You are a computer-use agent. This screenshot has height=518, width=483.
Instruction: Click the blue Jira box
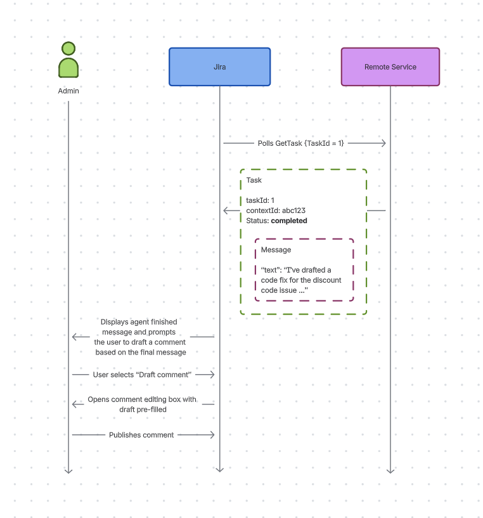point(219,67)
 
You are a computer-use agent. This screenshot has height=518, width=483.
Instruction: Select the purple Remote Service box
point(390,67)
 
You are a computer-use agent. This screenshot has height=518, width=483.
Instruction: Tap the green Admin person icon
point(68,60)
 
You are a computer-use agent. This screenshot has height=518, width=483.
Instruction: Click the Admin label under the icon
point(68,91)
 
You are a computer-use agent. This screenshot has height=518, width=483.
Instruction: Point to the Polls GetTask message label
point(300,143)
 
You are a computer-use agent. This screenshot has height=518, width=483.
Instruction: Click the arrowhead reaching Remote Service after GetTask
point(383,143)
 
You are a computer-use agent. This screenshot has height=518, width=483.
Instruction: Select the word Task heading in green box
point(254,181)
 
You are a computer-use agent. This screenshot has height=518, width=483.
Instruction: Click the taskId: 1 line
point(260,200)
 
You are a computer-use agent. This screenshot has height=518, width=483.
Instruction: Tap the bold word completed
point(289,221)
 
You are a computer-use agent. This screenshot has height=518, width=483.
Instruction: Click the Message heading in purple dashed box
point(276,250)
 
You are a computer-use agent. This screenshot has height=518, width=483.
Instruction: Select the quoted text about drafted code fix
point(301,280)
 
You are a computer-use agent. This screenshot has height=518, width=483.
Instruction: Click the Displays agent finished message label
point(140,337)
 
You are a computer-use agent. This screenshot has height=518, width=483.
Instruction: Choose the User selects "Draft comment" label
point(142,375)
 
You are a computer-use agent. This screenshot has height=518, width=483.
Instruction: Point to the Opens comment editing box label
point(142,405)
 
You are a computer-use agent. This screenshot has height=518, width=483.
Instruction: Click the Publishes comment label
point(141,435)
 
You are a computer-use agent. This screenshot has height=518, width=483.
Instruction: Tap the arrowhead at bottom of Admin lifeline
point(68,470)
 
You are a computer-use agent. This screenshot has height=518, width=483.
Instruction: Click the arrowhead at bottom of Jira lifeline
point(219,470)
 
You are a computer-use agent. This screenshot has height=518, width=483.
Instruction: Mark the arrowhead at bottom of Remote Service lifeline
point(390,470)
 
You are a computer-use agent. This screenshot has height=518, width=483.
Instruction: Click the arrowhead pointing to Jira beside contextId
point(226,210)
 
